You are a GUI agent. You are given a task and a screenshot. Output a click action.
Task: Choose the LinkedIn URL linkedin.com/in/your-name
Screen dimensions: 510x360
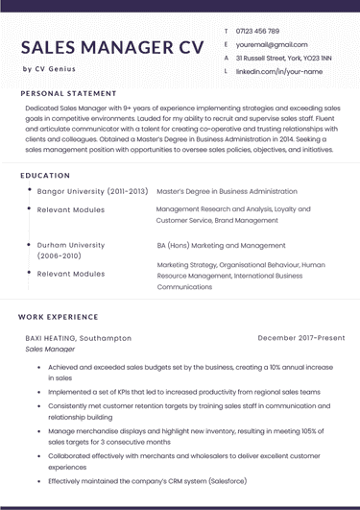(x=277, y=72)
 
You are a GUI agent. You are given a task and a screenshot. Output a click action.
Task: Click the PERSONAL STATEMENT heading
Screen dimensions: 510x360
(x=68, y=93)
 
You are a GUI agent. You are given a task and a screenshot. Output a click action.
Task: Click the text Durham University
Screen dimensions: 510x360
(x=71, y=245)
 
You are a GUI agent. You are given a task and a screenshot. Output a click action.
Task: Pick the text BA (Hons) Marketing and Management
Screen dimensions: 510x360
(x=221, y=245)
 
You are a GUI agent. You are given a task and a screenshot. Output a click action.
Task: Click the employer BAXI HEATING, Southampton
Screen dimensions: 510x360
(x=79, y=338)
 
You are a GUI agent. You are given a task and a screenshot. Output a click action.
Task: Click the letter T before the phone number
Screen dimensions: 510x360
(x=225, y=32)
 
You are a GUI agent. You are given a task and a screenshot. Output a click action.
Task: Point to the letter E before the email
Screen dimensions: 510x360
(x=225, y=45)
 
